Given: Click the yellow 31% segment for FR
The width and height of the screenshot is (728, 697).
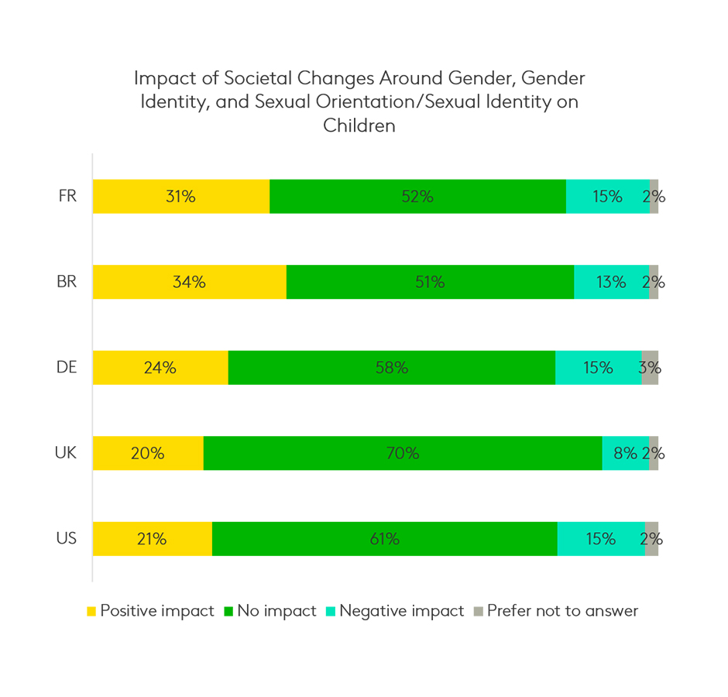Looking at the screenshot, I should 180,197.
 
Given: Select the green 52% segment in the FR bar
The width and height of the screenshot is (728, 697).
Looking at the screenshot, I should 417,197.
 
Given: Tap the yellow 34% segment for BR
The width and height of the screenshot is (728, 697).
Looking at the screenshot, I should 189,282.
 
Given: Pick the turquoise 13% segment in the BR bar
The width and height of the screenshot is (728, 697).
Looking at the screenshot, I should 611,282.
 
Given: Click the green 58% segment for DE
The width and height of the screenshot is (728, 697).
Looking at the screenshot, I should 391,368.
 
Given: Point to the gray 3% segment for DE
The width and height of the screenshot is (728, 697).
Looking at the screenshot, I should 650,368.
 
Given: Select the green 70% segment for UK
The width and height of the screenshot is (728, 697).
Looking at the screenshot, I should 403,453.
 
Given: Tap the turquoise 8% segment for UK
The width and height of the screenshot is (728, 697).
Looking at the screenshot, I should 625,453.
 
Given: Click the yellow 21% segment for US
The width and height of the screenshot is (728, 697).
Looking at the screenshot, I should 152,539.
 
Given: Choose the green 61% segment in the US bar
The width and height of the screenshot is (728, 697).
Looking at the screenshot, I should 384,539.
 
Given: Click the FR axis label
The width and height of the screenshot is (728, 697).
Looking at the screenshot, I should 67,197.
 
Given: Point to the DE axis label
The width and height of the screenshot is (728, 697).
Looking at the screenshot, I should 67,368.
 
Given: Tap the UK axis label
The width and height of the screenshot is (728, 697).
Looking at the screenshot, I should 67,453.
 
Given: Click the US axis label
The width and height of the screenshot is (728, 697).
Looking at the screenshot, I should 67,539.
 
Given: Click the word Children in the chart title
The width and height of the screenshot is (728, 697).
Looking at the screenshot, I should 359,126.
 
